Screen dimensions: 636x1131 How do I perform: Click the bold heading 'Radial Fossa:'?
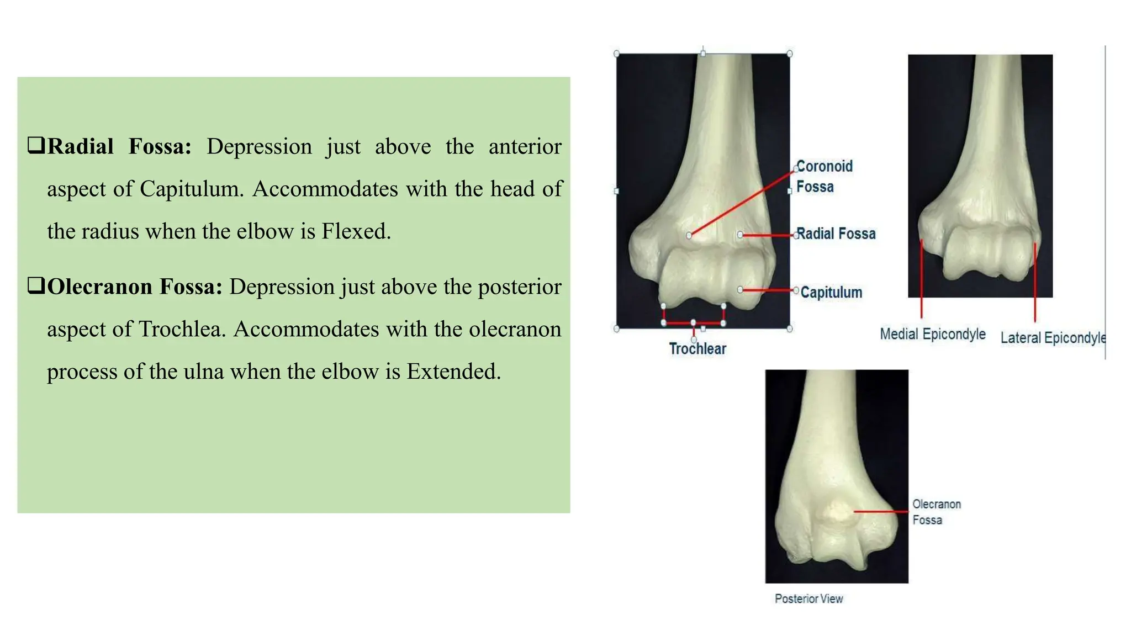119,147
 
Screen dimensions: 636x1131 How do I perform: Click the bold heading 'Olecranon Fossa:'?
135,287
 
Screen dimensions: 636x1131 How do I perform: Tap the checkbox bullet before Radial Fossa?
36,146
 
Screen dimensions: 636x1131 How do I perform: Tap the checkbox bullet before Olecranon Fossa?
36,286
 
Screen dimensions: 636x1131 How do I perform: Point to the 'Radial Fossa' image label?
836,234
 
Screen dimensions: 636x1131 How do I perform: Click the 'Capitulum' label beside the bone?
831,293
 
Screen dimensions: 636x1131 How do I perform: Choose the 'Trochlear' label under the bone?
697,349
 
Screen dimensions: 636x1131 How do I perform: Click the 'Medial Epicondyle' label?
932,334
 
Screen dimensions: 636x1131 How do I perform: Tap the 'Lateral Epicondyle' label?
1053,338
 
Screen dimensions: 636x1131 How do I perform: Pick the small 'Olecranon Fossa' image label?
936,512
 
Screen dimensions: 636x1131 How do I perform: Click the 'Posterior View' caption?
808,599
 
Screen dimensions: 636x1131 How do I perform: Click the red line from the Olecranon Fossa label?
881,512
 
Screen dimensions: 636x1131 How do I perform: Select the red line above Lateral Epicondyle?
1035,282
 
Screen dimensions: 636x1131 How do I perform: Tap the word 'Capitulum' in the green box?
191,189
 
